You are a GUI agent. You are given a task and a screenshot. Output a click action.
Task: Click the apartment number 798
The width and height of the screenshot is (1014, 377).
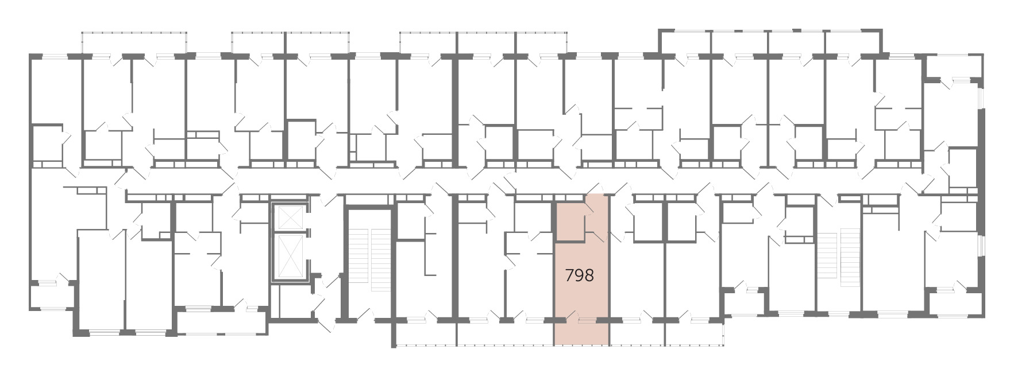point(579,276)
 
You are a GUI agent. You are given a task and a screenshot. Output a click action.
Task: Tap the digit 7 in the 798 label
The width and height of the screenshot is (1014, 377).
point(569,276)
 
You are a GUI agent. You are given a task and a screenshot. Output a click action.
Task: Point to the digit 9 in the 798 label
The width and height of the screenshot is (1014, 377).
point(579,276)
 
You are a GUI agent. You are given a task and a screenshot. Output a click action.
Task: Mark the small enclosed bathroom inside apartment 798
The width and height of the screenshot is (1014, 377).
point(569,220)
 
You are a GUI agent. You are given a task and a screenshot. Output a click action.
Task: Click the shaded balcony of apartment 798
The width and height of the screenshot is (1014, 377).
point(581,333)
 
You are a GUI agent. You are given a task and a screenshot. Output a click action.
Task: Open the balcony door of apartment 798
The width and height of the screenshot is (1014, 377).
point(570,316)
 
